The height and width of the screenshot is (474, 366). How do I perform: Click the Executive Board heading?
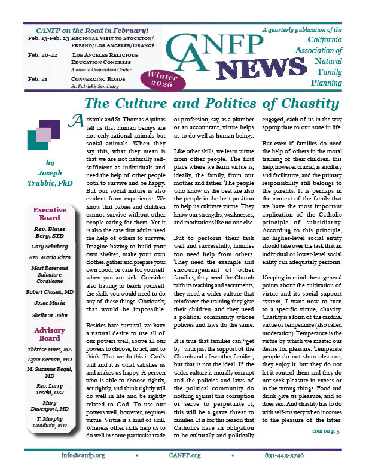click(x=50, y=215)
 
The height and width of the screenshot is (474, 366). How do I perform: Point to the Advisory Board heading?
click(x=50, y=336)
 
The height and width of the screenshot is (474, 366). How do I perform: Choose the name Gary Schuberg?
click(x=50, y=247)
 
